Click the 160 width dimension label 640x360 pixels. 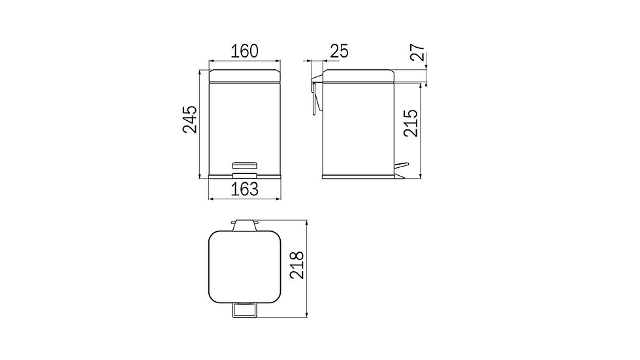coord(244,52)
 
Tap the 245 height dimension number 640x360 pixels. coord(190,119)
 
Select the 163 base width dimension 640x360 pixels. coord(244,189)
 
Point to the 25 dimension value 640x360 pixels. coord(339,52)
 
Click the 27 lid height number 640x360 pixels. coord(418,52)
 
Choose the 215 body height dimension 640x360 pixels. coord(411,123)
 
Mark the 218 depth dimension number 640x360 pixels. coord(296,265)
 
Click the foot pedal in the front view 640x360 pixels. coord(244,176)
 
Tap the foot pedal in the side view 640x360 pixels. coord(401,170)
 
